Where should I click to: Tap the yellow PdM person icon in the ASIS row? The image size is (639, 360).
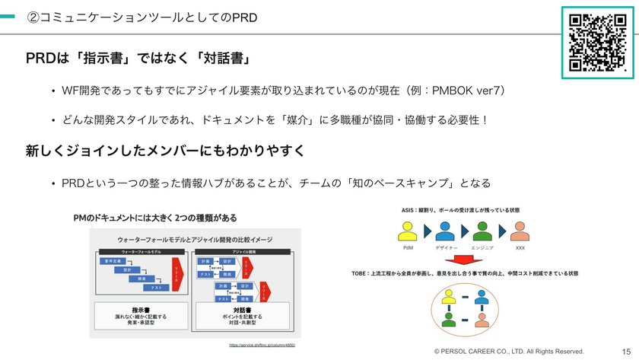tap(408, 231)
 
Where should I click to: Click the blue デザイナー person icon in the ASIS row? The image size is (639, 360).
tap(445, 231)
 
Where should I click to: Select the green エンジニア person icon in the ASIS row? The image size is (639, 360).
tap(482, 231)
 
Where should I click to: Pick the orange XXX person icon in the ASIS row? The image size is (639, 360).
tap(520, 231)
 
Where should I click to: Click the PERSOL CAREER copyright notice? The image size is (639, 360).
tap(509, 352)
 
